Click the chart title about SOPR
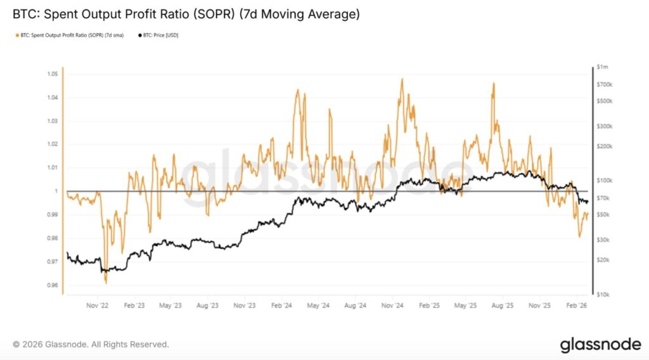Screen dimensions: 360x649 click(x=186, y=13)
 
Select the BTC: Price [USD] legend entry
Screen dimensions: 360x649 click(x=158, y=35)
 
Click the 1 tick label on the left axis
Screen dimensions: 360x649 click(x=56, y=191)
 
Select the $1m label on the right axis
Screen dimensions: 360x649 click(x=603, y=67)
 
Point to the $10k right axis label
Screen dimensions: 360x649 click(x=603, y=294)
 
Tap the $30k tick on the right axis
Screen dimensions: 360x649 click(x=603, y=240)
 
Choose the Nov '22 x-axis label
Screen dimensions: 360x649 click(x=98, y=305)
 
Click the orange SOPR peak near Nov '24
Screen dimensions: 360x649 click(x=402, y=79)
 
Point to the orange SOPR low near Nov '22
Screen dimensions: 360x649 click(x=105, y=283)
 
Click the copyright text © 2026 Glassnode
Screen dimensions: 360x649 click(x=91, y=345)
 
